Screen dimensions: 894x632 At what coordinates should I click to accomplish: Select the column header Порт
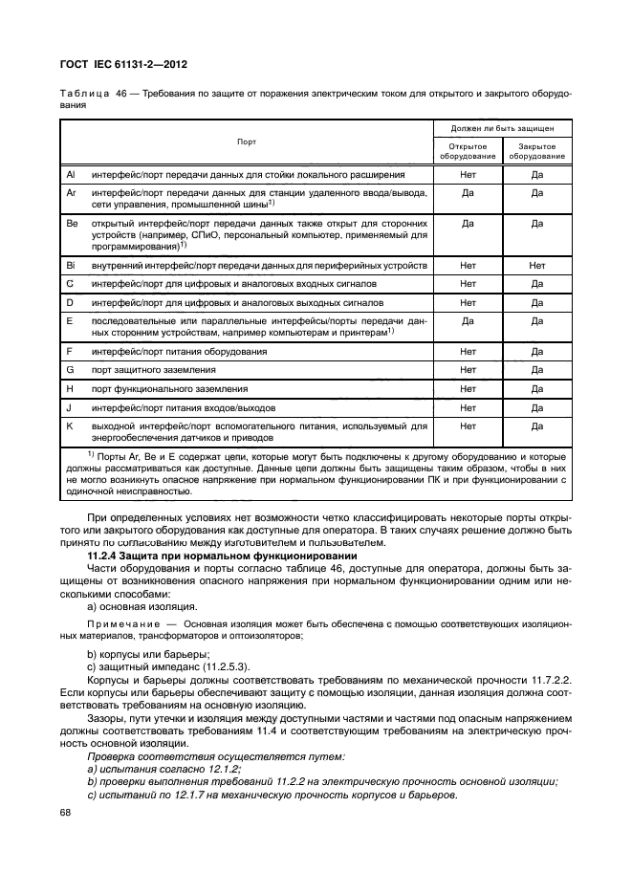[247, 141]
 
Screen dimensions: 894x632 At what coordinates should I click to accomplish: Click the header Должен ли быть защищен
[502, 126]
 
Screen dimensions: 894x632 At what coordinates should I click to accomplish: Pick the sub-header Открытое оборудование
[468, 151]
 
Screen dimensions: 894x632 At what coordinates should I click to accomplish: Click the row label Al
[71, 175]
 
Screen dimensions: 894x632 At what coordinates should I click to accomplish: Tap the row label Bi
[71, 265]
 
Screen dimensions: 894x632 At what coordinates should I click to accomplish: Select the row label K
[69, 425]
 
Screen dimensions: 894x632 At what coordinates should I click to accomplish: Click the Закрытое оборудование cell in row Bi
[536, 265]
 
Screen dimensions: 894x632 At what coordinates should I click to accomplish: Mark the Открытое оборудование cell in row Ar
[468, 192]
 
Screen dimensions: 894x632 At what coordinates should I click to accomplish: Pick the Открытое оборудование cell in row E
[468, 321]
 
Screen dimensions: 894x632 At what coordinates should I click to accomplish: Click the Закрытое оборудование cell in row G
[536, 370]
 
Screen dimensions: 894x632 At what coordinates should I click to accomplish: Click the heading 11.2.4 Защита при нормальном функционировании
[207, 556]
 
